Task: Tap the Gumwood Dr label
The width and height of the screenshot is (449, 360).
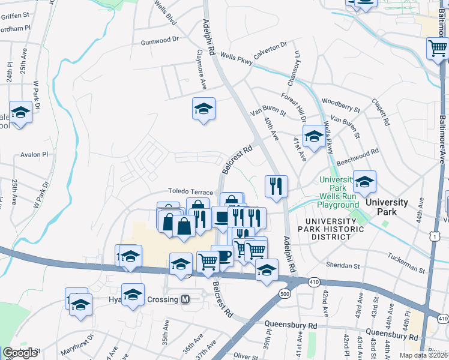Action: tap(160, 42)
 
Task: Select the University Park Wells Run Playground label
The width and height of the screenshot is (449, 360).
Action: tap(339, 192)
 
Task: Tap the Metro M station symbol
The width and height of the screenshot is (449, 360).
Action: tap(185, 299)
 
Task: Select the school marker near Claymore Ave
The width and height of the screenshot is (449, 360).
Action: tap(203, 109)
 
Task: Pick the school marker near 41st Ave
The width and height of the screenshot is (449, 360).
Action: tap(313, 137)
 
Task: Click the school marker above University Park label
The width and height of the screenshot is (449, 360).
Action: tap(364, 181)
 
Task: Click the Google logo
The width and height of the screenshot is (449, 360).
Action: tap(20, 353)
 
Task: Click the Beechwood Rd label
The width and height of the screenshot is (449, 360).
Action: tap(358, 157)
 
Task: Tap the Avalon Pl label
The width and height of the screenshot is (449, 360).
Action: tap(33, 155)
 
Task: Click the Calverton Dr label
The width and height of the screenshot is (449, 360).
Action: tap(270, 51)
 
